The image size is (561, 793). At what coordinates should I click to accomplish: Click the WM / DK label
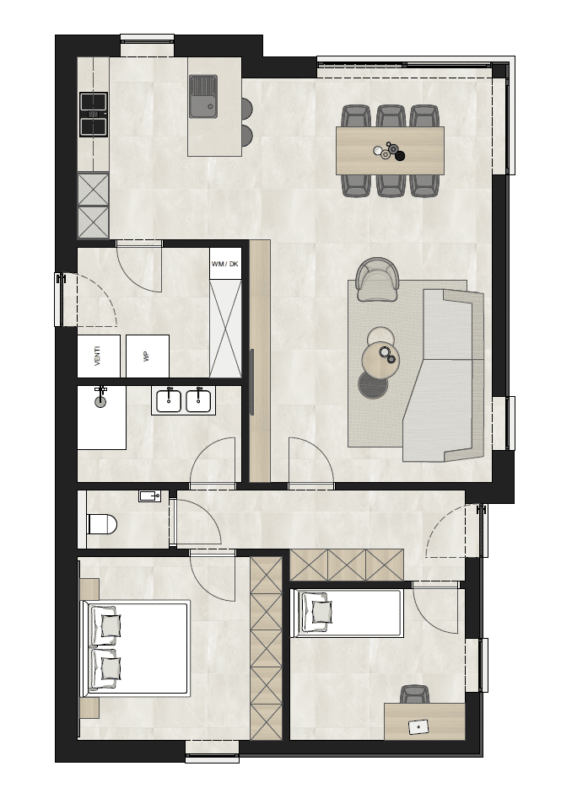pos(225,264)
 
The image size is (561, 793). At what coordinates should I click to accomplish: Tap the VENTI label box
pos(98,356)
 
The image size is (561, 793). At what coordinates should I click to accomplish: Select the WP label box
pos(148,356)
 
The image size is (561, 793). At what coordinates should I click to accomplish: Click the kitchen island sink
pos(203,97)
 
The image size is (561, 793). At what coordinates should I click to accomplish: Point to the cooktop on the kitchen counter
pos(94,115)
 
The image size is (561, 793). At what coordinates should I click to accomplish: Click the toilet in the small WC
pos(102,524)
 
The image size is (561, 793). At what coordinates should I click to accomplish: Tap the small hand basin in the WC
pos(150,496)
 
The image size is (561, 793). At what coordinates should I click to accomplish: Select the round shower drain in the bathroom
pos(101,401)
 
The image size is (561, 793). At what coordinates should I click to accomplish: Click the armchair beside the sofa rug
pos(378,279)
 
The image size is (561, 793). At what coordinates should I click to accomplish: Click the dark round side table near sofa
pos(373,384)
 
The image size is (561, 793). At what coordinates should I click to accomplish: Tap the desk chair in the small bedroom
pos(415,694)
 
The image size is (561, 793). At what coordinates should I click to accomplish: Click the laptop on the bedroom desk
pos(418,726)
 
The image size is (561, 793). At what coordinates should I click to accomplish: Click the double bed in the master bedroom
pos(136,649)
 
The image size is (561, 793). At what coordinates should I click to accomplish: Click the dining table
pos(390,151)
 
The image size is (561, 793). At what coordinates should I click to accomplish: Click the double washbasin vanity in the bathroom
pos(183,400)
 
